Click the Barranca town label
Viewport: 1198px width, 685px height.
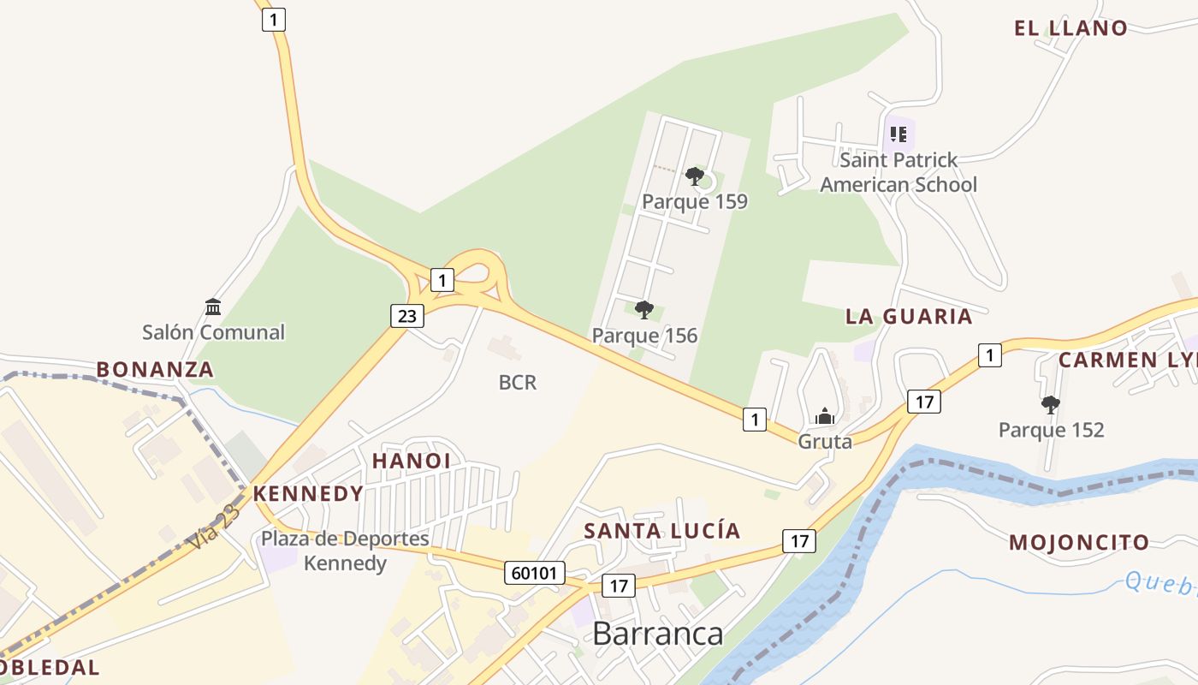click(657, 634)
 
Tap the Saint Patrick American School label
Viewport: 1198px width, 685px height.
click(898, 172)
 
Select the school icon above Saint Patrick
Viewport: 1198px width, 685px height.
click(898, 134)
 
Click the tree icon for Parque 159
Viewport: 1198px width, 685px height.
click(695, 176)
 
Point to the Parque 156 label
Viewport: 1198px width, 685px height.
click(645, 336)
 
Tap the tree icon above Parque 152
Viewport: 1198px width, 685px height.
click(1051, 404)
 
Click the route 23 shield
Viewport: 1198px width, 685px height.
click(406, 316)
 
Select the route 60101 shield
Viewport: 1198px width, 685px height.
click(536, 573)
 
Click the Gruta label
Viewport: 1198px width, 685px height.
click(825, 442)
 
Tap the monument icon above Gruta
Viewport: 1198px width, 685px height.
click(825, 416)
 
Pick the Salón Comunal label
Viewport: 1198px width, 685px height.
click(213, 332)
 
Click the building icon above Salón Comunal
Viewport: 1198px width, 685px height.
click(213, 307)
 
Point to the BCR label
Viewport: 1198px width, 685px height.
click(518, 383)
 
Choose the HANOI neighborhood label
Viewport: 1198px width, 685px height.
click(411, 461)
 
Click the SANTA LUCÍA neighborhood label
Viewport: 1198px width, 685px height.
click(661, 531)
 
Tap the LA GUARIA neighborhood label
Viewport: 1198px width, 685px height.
click(909, 317)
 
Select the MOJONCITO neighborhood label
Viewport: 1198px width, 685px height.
click(1079, 542)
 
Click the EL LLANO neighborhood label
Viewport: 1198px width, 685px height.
click(1070, 28)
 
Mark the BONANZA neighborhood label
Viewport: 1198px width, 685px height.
click(155, 370)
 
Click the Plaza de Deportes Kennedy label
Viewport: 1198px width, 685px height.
click(345, 551)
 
